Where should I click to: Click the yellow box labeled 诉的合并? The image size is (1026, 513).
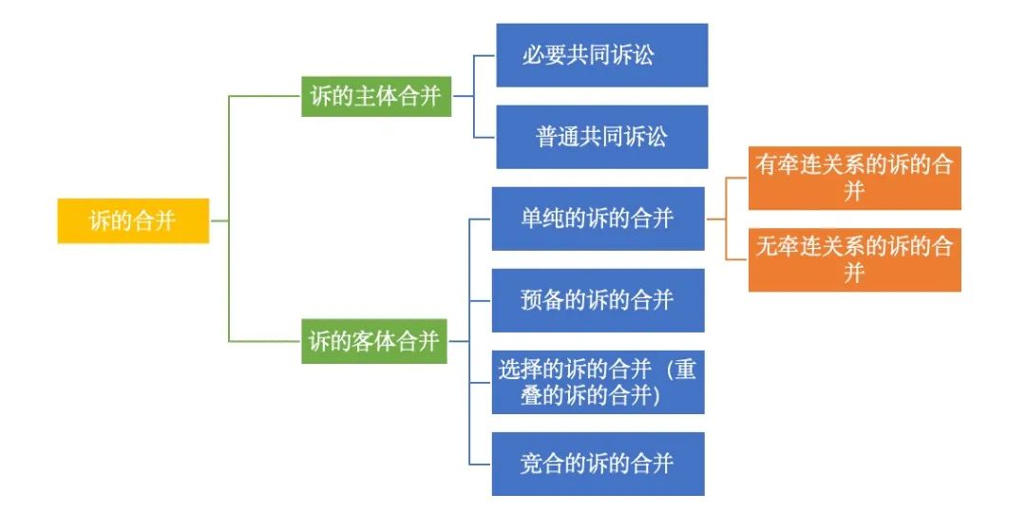point(133,220)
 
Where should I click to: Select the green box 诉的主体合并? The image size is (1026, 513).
point(376,97)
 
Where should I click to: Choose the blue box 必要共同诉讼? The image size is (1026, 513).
point(601,55)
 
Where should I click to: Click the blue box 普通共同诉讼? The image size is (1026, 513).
point(601,137)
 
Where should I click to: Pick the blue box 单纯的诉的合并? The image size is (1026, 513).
point(598,218)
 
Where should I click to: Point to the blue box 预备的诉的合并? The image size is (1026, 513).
point(598,300)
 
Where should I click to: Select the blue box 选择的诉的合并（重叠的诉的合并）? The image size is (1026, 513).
point(598,382)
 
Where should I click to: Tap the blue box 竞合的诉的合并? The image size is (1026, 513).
point(598,464)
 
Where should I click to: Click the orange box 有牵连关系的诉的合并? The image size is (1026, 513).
point(854,178)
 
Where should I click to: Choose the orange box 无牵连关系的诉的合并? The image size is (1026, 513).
point(854,259)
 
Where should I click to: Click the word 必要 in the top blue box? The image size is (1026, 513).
point(543,54)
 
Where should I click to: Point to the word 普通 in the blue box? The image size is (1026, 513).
point(557,137)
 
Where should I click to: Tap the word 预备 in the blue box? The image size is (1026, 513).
point(542,300)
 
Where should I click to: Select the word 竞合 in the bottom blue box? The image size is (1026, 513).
point(542,464)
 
